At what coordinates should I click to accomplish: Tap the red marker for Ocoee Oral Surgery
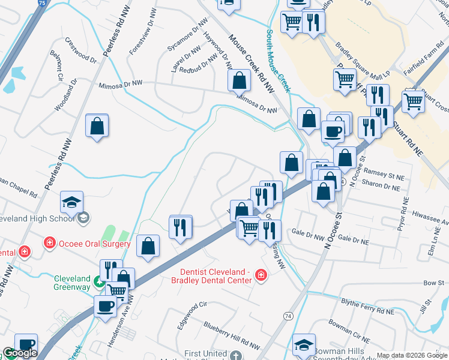(x=48, y=243)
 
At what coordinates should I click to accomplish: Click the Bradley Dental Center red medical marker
(x=261, y=275)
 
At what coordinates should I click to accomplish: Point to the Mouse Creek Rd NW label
(x=250, y=64)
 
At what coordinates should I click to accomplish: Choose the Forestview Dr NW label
(x=142, y=31)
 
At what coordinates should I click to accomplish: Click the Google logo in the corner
(x=19, y=353)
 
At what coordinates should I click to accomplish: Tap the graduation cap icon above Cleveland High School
(x=71, y=202)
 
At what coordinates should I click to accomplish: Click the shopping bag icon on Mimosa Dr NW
(x=239, y=79)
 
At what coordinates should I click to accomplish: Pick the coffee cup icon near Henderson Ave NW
(x=106, y=306)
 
